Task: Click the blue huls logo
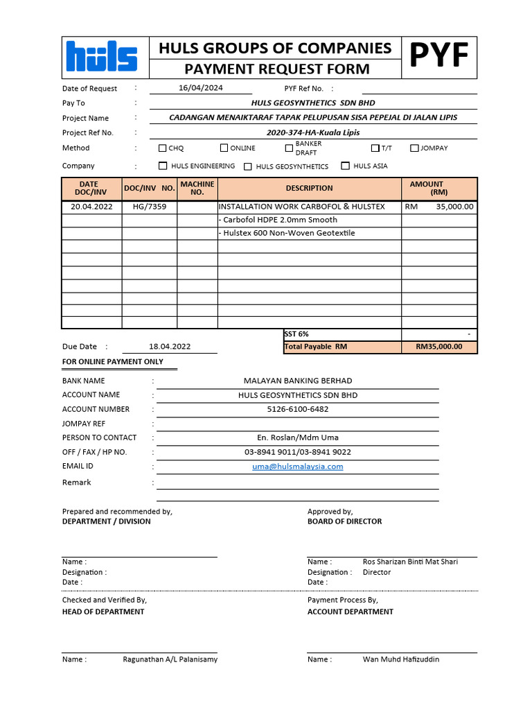(x=101, y=57)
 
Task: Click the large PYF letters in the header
(x=439, y=56)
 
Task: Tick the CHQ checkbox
(x=163, y=148)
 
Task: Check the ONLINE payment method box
(x=224, y=148)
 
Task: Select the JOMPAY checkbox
(x=415, y=148)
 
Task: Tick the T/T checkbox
(x=375, y=148)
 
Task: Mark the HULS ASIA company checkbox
(x=346, y=166)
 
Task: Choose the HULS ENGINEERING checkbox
(x=163, y=166)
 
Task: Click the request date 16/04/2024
(x=201, y=88)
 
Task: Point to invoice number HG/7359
(x=150, y=207)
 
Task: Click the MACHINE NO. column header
(x=197, y=188)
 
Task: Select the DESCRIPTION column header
(x=309, y=188)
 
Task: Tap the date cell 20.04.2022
(x=91, y=207)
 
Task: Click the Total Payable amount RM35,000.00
(x=438, y=347)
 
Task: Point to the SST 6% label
(x=296, y=334)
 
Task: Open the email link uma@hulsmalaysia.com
(x=298, y=467)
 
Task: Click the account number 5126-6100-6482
(x=298, y=409)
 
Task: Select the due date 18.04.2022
(x=170, y=347)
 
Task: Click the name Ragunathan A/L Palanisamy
(x=170, y=659)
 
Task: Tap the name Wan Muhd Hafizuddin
(x=401, y=659)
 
